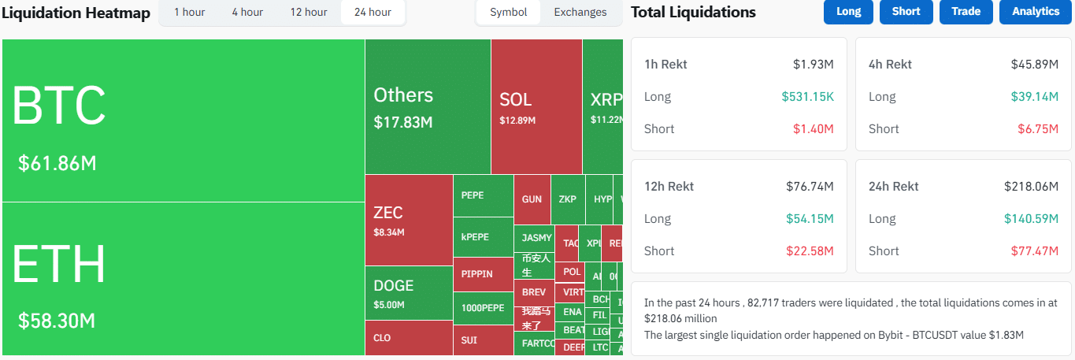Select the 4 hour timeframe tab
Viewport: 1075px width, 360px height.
[247, 12]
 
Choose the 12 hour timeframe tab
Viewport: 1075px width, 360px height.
[309, 12]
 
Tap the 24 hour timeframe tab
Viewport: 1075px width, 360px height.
[373, 12]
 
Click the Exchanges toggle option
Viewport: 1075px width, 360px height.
[580, 12]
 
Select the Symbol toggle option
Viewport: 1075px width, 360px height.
[509, 12]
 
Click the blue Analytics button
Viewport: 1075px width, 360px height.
[1036, 12]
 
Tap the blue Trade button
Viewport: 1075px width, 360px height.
[966, 12]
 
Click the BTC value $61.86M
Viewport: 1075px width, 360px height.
[57, 164]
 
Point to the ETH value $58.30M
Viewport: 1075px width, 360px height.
[57, 321]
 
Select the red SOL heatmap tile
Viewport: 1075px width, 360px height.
[536, 106]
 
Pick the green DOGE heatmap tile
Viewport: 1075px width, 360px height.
[409, 293]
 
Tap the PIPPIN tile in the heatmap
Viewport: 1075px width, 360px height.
[483, 274]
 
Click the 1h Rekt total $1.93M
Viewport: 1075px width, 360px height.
[813, 65]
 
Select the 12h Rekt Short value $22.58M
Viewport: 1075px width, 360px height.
[810, 251]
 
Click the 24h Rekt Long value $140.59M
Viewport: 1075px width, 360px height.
[1031, 219]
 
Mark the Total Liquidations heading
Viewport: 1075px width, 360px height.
[693, 12]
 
